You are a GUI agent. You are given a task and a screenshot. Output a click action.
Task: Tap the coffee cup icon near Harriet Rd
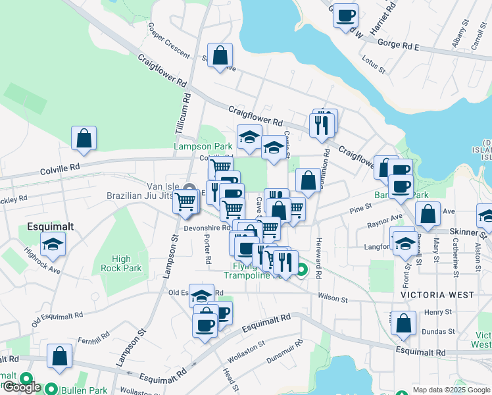(x=345, y=15)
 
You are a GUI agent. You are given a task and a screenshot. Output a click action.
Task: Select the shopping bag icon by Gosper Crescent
(x=220, y=55)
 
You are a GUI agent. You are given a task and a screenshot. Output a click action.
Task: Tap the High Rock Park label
(x=121, y=263)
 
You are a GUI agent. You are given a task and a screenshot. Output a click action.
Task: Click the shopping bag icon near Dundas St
(x=403, y=323)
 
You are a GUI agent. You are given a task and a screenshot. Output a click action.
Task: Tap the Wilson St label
(x=333, y=298)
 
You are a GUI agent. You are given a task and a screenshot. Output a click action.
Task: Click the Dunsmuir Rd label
(x=285, y=353)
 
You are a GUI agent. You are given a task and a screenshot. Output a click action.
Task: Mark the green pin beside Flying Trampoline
(x=301, y=269)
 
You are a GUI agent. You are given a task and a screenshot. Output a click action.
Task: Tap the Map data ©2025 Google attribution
(x=452, y=390)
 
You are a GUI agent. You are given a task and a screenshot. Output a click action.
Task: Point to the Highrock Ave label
(x=43, y=261)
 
